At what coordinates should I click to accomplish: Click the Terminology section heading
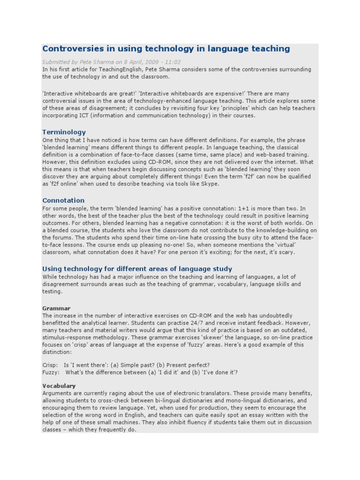[x=64, y=132]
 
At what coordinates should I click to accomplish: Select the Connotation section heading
[x=63, y=201]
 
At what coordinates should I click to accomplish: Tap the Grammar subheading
[x=56, y=308]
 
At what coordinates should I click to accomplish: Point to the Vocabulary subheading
[x=59, y=386]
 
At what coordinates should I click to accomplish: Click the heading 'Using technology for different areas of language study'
[x=137, y=269]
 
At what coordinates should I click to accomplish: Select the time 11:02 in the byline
[x=172, y=62]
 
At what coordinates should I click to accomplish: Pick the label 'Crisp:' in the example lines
[x=50, y=365]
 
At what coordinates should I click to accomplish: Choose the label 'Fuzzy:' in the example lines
[x=51, y=373]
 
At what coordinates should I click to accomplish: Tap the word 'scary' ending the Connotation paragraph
[x=286, y=252]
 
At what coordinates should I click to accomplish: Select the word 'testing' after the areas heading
[x=52, y=292]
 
